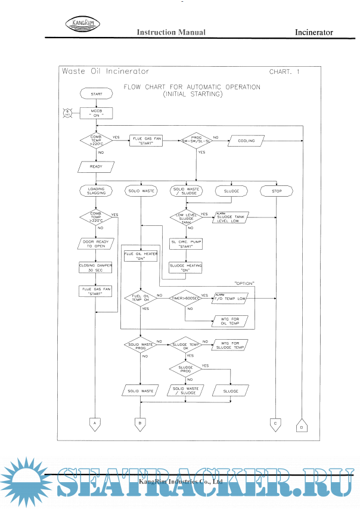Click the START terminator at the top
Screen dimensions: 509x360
[96, 94]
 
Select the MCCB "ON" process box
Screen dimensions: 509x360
[96, 113]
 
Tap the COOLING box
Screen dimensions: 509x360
[246, 141]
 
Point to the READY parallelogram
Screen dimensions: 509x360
[96, 166]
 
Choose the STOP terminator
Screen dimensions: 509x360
[277, 191]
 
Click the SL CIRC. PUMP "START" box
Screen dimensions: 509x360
[187, 244]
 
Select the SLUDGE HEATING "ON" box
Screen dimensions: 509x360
[187, 268]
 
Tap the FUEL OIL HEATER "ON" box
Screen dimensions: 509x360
[139, 256]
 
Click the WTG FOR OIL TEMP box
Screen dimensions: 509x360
[229, 322]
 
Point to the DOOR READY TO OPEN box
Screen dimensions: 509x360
[95, 244]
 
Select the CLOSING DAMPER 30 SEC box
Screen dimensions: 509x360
[95, 268]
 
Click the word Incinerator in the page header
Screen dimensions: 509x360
[314, 32]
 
